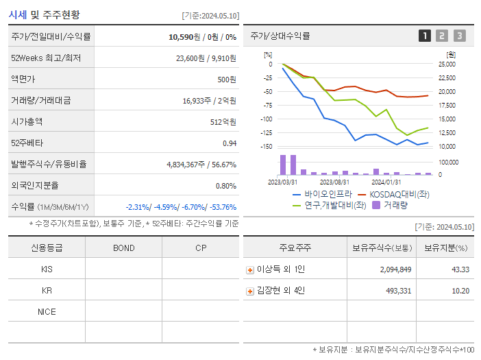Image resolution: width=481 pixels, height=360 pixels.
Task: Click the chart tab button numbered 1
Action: point(425,36)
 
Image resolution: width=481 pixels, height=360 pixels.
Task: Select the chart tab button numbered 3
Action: point(459,36)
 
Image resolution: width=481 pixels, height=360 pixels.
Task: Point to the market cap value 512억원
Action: point(223,121)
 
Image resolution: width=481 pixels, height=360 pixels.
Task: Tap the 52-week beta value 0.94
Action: point(230,143)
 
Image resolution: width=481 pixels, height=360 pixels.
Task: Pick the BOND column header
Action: point(123,248)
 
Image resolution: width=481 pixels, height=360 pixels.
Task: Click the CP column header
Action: point(201,248)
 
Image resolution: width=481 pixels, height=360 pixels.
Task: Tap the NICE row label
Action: point(47,311)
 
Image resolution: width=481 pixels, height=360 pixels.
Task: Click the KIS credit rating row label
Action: point(47,269)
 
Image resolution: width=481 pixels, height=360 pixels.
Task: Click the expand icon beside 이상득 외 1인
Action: point(250,269)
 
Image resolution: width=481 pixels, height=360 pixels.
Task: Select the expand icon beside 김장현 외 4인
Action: point(250,291)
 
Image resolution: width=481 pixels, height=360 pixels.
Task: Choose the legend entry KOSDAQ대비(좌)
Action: point(393,194)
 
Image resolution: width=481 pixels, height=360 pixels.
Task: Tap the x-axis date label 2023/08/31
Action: point(334,182)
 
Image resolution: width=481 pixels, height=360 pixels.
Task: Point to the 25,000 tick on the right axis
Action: point(447,64)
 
